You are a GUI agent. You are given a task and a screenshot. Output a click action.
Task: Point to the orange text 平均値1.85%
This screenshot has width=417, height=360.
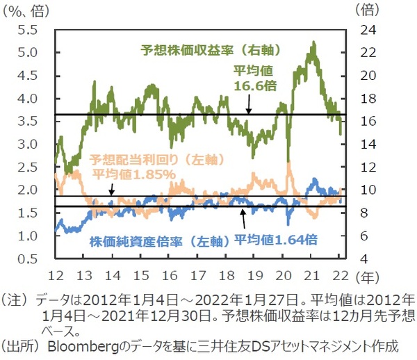135,174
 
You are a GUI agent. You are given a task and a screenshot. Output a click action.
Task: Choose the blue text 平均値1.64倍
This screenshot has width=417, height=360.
276,240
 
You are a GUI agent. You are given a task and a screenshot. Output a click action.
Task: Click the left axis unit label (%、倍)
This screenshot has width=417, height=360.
28,10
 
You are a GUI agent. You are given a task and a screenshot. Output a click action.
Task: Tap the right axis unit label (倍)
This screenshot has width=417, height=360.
368,10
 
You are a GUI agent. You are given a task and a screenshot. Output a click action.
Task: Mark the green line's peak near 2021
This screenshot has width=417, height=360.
314,42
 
